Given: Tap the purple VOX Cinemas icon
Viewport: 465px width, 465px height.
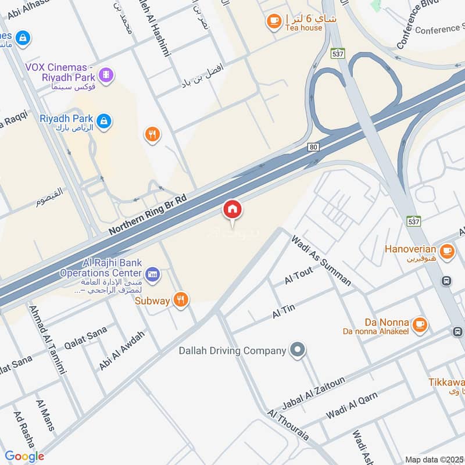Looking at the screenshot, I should pyautogui.click(x=106, y=74).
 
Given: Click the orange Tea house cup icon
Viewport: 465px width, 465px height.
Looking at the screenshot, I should pyautogui.click(x=273, y=22).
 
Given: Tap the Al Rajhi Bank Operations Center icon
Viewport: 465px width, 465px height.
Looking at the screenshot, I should pyautogui.click(x=153, y=273).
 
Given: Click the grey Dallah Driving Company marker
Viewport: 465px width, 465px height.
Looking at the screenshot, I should pyautogui.click(x=298, y=350).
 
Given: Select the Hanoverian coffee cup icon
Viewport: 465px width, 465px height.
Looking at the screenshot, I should pyautogui.click(x=446, y=251).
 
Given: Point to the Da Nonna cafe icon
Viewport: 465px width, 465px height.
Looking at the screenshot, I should pyautogui.click(x=420, y=324).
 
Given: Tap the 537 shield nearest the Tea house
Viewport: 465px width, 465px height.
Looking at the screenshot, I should pyautogui.click(x=338, y=53).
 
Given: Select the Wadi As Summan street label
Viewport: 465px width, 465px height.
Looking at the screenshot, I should pyautogui.click(x=321, y=260).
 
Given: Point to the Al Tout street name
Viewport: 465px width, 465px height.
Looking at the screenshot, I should pyautogui.click(x=299, y=275).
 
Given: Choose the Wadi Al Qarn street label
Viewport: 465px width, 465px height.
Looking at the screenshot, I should pyautogui.click(x=352, y=405).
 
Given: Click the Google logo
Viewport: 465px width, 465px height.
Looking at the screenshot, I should pyautogui.click(x=24, y=456).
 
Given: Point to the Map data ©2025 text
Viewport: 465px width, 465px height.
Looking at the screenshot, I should pyautogui.click(x=434, y=459).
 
